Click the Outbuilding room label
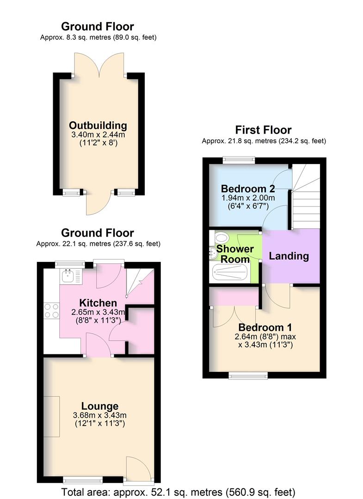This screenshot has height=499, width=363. click(x=98, y=125)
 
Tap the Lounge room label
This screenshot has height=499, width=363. click(x=99, y=407)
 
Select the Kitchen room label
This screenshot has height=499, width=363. click(x=98, y=303)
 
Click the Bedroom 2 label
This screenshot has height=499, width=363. click(x=248, y=189)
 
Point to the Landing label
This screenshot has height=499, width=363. click(x=289, y=256)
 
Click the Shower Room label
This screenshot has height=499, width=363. click(x=235, y=254)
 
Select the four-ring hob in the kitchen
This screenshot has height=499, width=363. click(x=51, y=310)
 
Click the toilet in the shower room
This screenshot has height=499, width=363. click(x=221, y=238)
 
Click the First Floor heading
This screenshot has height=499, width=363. click(x=263, y=130)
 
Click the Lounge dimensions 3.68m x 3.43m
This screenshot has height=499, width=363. click(x=99, y=415)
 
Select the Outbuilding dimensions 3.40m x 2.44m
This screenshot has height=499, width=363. click(x=98, y=134)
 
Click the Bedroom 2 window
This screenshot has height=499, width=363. click(x=239, y=160)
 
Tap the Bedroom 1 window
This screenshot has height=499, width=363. click(x=248, y=375)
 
